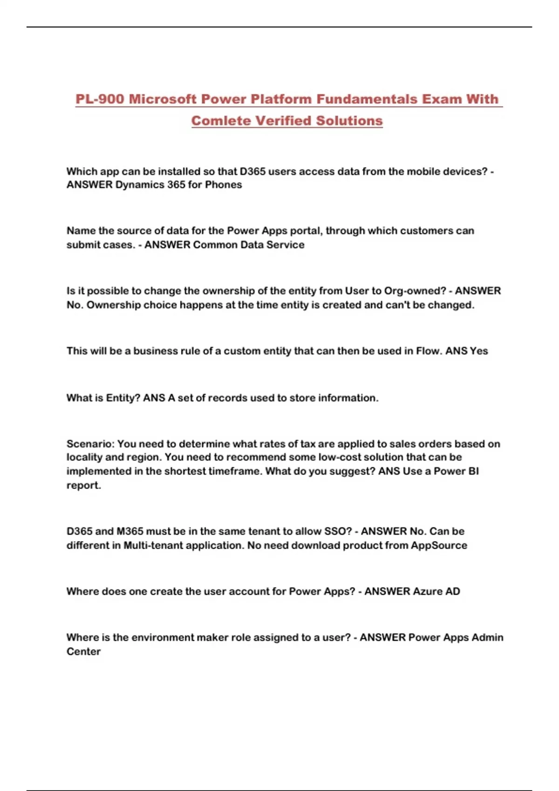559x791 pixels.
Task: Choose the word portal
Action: click(x=305, y=231)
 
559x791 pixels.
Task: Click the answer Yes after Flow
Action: click(x=479, y=351)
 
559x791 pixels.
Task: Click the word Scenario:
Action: click(x=90, y=443)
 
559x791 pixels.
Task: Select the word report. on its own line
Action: click(x=83, y=485)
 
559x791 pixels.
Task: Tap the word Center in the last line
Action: click(x=83, y=651)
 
